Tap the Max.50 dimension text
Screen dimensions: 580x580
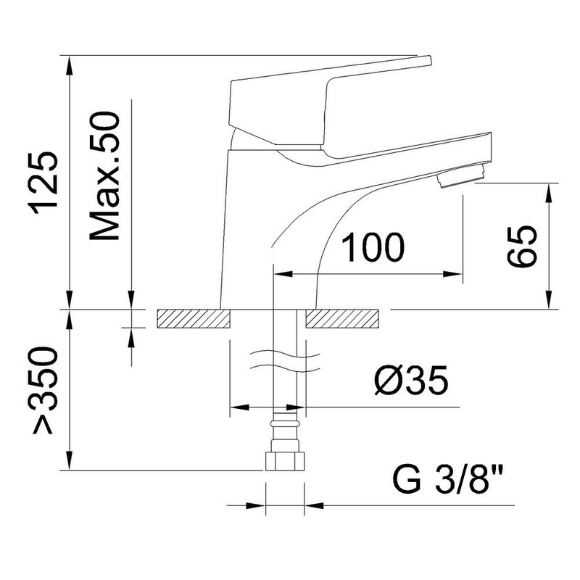(105, 176)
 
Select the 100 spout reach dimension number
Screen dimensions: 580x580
(373, 247)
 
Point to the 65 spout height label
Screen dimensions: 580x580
(521, 246)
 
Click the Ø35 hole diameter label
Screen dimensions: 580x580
(411, 381)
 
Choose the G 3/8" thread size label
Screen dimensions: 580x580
(447, 478)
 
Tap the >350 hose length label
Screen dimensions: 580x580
(45, 390)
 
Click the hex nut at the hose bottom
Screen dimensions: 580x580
(285, 461)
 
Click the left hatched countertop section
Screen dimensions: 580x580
(194, 318)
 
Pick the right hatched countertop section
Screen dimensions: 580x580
(342, 318)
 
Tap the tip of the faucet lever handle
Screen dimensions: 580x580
(429, 59)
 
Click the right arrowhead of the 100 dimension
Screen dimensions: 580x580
(453, 274)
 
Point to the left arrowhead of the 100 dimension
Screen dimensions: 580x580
(283, 274)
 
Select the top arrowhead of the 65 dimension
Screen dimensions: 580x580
(550, 193)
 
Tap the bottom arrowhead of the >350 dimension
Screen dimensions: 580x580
(69, 460)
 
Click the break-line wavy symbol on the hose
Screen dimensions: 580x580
(285, 361)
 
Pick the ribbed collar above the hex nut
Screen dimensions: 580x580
(285, 422)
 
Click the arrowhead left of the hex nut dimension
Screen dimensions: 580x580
(256, 505)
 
